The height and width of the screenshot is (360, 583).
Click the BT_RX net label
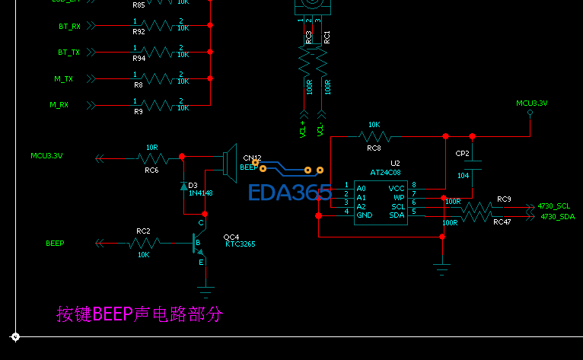(x=69, y=27)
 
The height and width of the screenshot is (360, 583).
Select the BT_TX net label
(x=69, y=53)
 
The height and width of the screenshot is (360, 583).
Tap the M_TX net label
(x=63, y=79)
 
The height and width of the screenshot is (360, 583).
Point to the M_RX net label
(x=59, y=105)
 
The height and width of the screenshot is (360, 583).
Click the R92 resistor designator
(x=139, y=33)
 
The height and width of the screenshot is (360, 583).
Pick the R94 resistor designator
(x=139, y=59)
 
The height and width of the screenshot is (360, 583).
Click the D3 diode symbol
(x=183, y=186)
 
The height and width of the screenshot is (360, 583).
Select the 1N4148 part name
(x=201, y=193)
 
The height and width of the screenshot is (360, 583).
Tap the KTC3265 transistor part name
(x=240, y=244)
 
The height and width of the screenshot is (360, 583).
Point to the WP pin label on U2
(x=399, y=197)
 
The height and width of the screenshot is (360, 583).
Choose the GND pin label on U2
(x=365, y=215)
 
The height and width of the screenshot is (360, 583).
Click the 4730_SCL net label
(x=553, y=206)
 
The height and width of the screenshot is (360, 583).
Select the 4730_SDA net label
(x=557, y=217)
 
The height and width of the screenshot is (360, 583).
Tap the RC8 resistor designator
(x=374, y=148)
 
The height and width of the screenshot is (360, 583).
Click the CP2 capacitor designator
(x=462, y=154)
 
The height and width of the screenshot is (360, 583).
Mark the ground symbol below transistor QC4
(x=205, y=289)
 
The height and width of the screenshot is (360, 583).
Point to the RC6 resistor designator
(x=151, y=170)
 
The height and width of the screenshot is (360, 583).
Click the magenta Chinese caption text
(x=139, y=314)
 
